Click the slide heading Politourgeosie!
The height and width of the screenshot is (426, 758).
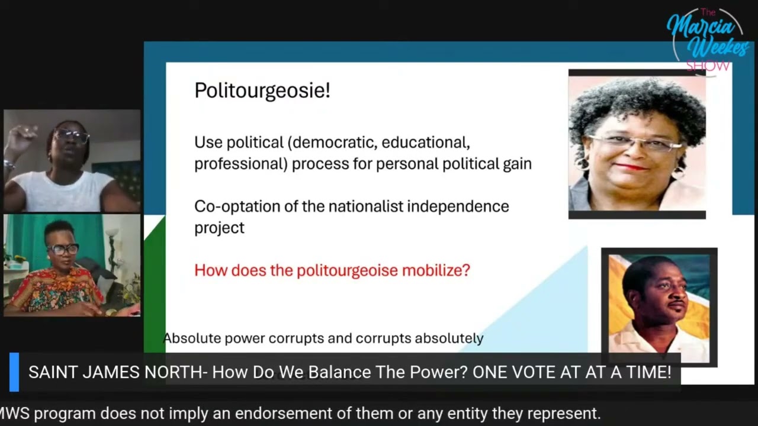262,91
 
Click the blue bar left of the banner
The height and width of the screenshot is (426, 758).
14,372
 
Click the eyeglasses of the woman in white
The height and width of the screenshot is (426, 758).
72,137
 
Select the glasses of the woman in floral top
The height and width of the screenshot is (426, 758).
63,249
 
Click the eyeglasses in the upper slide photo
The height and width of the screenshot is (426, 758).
634,143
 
